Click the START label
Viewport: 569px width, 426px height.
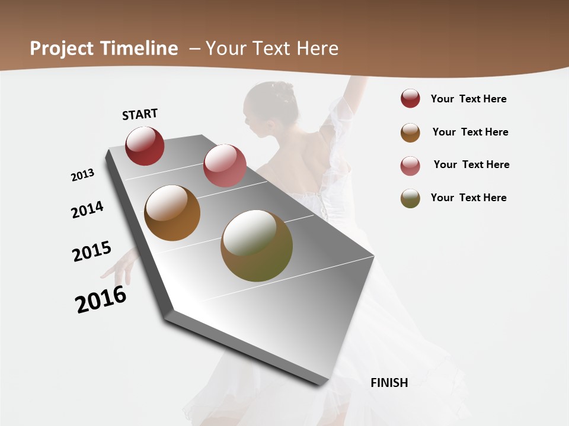coord(140,114)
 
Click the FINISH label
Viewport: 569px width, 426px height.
coord(389,383)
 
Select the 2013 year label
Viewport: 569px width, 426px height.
coord(83,175)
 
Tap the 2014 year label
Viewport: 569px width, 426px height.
coord(88,209)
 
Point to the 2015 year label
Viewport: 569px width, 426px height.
coord(92,251)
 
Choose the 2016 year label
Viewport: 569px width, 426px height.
coord(101,299)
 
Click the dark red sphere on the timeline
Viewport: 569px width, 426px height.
coord(145,146)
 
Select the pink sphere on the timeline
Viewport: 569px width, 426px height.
coord(225,165)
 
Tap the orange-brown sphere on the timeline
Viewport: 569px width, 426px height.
coord(172,213)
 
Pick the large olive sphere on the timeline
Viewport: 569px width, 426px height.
coord(257,246)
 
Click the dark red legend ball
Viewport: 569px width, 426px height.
coord(410,99)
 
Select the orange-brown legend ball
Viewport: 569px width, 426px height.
coord(410,133)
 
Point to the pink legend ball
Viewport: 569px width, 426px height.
coord(410,166)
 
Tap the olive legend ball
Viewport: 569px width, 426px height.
coord(410,198)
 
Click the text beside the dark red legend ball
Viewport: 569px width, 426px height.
coord(468,99)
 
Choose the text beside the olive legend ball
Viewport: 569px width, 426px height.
coord(468,198)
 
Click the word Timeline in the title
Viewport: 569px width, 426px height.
coord(139,49)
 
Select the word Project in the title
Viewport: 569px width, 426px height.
coord(62,49)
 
